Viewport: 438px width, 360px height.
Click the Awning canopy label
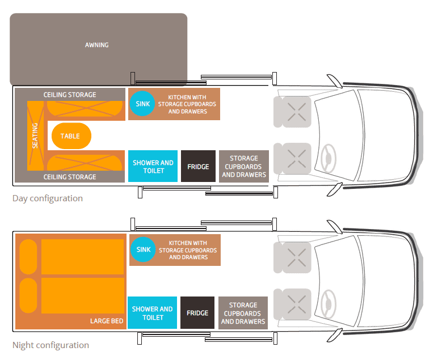(x=96, y=45)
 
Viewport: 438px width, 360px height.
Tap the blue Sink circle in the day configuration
(x=143, y=104)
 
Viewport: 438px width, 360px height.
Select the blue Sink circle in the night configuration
(x=144, y=249)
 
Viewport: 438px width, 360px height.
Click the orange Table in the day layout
(x=70, y=136)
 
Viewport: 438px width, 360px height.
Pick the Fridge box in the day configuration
(x=198, y=167)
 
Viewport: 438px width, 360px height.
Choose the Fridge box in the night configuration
(x=197, y=313)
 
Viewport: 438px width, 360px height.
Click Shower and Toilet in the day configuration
(x=153, y=167)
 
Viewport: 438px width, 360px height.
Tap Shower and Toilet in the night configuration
(x=152, y=313)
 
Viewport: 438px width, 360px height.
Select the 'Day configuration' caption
(x=48, y=198)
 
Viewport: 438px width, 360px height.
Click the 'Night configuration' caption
(x=50, y=345)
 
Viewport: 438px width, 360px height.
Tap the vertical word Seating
(x=35, y=136)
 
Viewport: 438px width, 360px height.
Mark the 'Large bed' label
(x=107, y=321)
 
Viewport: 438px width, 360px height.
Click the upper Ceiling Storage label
(x=70, y=95)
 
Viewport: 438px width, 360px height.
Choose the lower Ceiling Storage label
(x=70, y=177)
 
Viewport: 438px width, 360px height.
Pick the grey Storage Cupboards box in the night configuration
(x=243, y=313)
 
